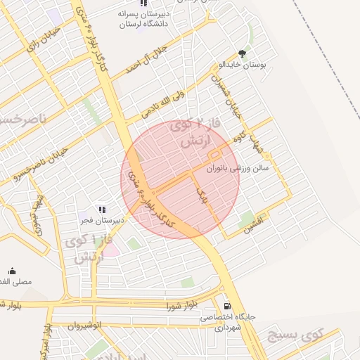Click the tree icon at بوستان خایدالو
tap(243, 53)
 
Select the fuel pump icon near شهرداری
tap(226, 306)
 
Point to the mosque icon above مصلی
tap(12, 271)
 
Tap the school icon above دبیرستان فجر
tap(103, 209)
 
